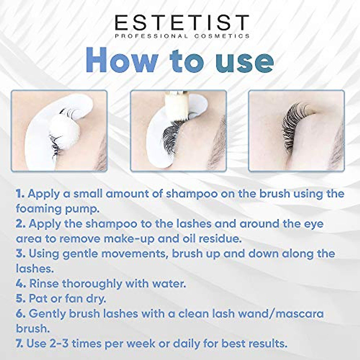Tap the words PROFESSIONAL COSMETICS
[x=182, y=36]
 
